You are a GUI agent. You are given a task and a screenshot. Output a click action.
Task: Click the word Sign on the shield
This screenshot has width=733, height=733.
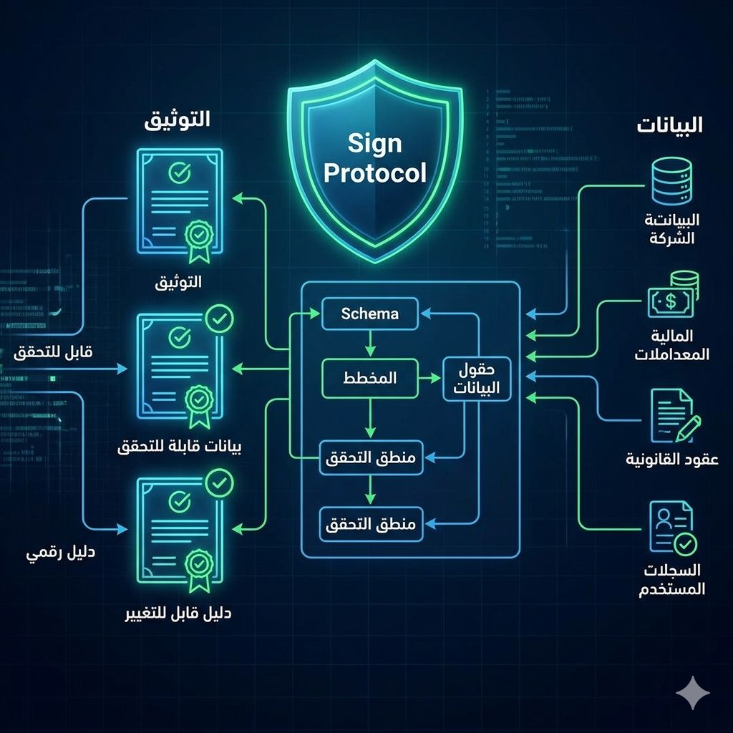[375, 144]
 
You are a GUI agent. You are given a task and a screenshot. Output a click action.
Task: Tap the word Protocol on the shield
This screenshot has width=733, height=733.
[375, 173]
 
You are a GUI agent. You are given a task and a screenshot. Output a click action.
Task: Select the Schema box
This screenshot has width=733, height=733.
[370, 314]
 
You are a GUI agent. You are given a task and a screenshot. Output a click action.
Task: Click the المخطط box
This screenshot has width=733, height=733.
[370, 379]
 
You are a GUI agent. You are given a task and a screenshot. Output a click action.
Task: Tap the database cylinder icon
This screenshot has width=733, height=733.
[672, 180]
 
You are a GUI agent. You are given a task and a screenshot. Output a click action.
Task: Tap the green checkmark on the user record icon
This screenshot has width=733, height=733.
[686, 543]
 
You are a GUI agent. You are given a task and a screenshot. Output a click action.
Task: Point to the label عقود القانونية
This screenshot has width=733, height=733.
[672, 460]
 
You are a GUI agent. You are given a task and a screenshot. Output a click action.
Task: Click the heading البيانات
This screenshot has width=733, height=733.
[669, 126]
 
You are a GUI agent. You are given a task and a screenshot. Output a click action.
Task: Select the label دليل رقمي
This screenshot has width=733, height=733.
[61, 553]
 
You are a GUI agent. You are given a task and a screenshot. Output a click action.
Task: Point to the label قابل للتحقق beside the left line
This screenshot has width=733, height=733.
[54, 352]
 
